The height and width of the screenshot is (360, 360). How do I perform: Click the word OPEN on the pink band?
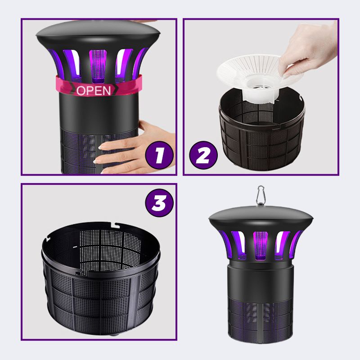coord(94,91)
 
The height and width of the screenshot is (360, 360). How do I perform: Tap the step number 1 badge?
coord(159,155)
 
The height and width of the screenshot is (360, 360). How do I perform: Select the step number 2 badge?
coord(203,155)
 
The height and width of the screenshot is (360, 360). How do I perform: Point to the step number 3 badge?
coord(159,203)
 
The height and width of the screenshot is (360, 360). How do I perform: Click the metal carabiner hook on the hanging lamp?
coord(261,194)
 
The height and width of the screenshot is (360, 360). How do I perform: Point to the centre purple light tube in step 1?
coord(98,66)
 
